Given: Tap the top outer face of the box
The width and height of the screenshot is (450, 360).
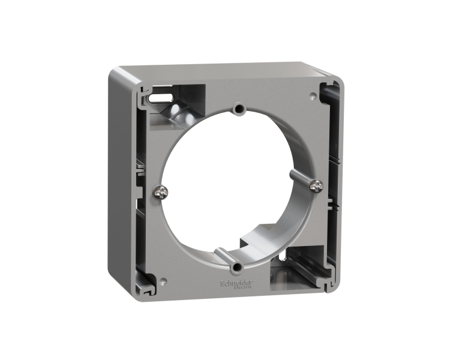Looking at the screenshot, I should (222, 70).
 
